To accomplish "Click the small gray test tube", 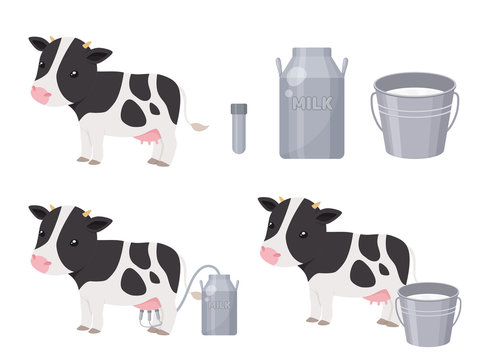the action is (x=239, y=128).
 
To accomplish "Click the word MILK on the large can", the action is (x=312, y=104).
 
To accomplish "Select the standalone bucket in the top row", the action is (x=414, y=115).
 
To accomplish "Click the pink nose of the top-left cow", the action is (x=41, y=95).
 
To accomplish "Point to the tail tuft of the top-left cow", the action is (x=199, y=126).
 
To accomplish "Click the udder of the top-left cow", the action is (x=148, y=137).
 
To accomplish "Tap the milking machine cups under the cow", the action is (x=151, y=318).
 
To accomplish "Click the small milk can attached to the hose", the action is (x=219, y=304).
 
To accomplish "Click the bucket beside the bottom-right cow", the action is (x=428, y=314).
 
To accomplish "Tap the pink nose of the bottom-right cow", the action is (x=270, y=255).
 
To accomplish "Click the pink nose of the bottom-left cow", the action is (x=41, y=263).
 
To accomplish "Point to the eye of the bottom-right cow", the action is (x=303, y=234).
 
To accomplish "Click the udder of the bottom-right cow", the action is (x=378, y=297).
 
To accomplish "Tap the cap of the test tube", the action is (x=239, y=108).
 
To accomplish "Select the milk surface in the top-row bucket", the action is (x=414, y=91).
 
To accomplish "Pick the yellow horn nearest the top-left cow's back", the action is (x=87, y=44).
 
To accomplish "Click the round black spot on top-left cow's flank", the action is (x=133, y=114).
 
